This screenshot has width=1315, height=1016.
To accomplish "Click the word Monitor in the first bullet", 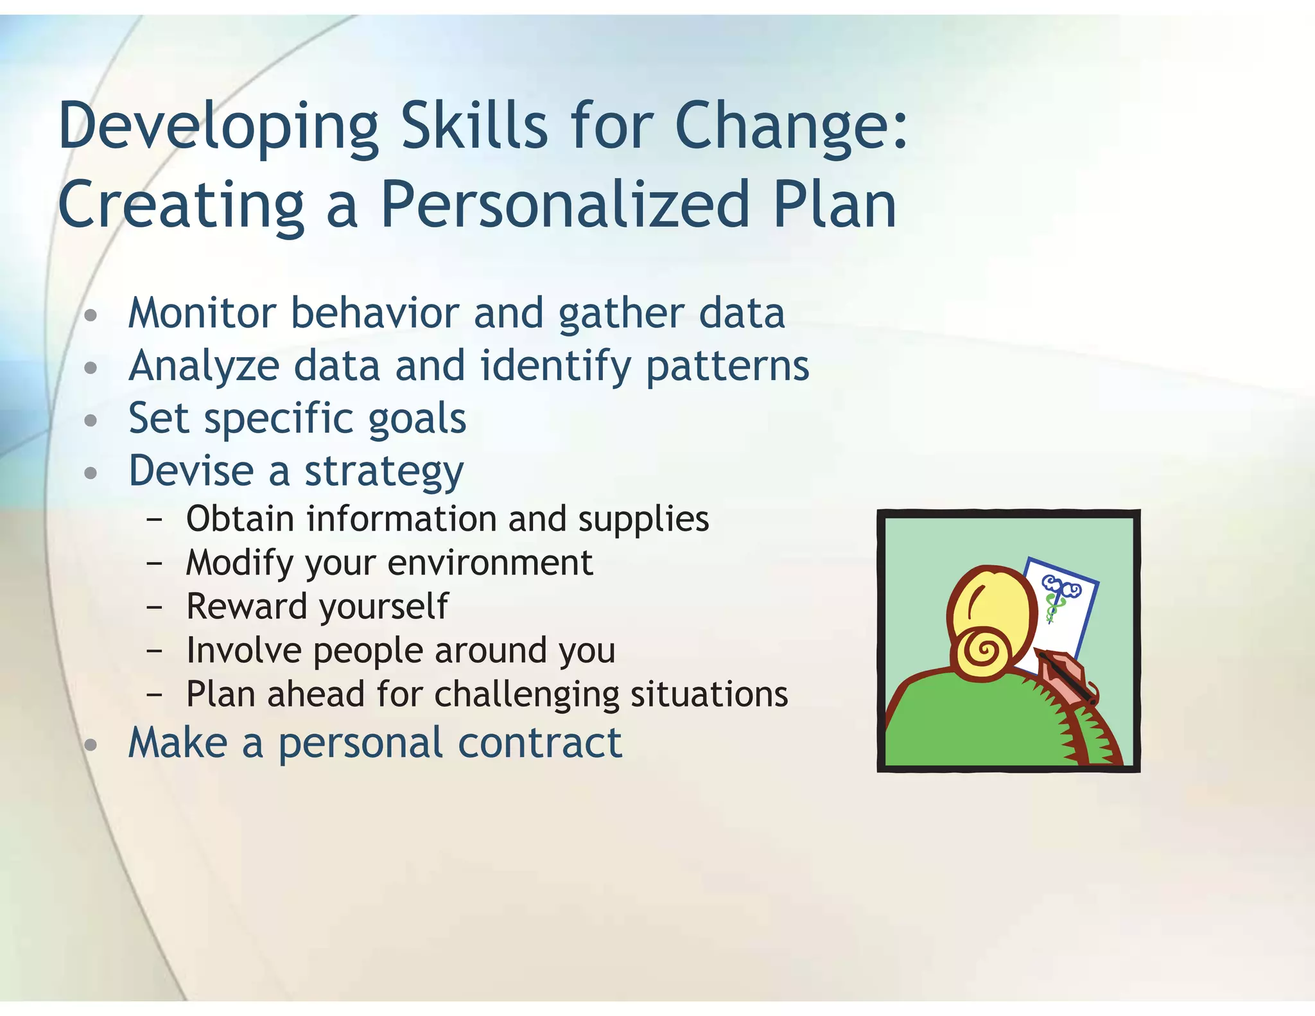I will (202, 313).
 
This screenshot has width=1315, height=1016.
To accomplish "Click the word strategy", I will (383, 473).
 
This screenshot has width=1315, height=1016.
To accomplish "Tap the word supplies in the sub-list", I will (643, 520).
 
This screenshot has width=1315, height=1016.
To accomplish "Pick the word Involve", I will (243, 650).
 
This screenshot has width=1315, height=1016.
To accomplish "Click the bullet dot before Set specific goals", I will (91, 421).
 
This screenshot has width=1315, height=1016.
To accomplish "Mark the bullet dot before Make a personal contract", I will (91, 746).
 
